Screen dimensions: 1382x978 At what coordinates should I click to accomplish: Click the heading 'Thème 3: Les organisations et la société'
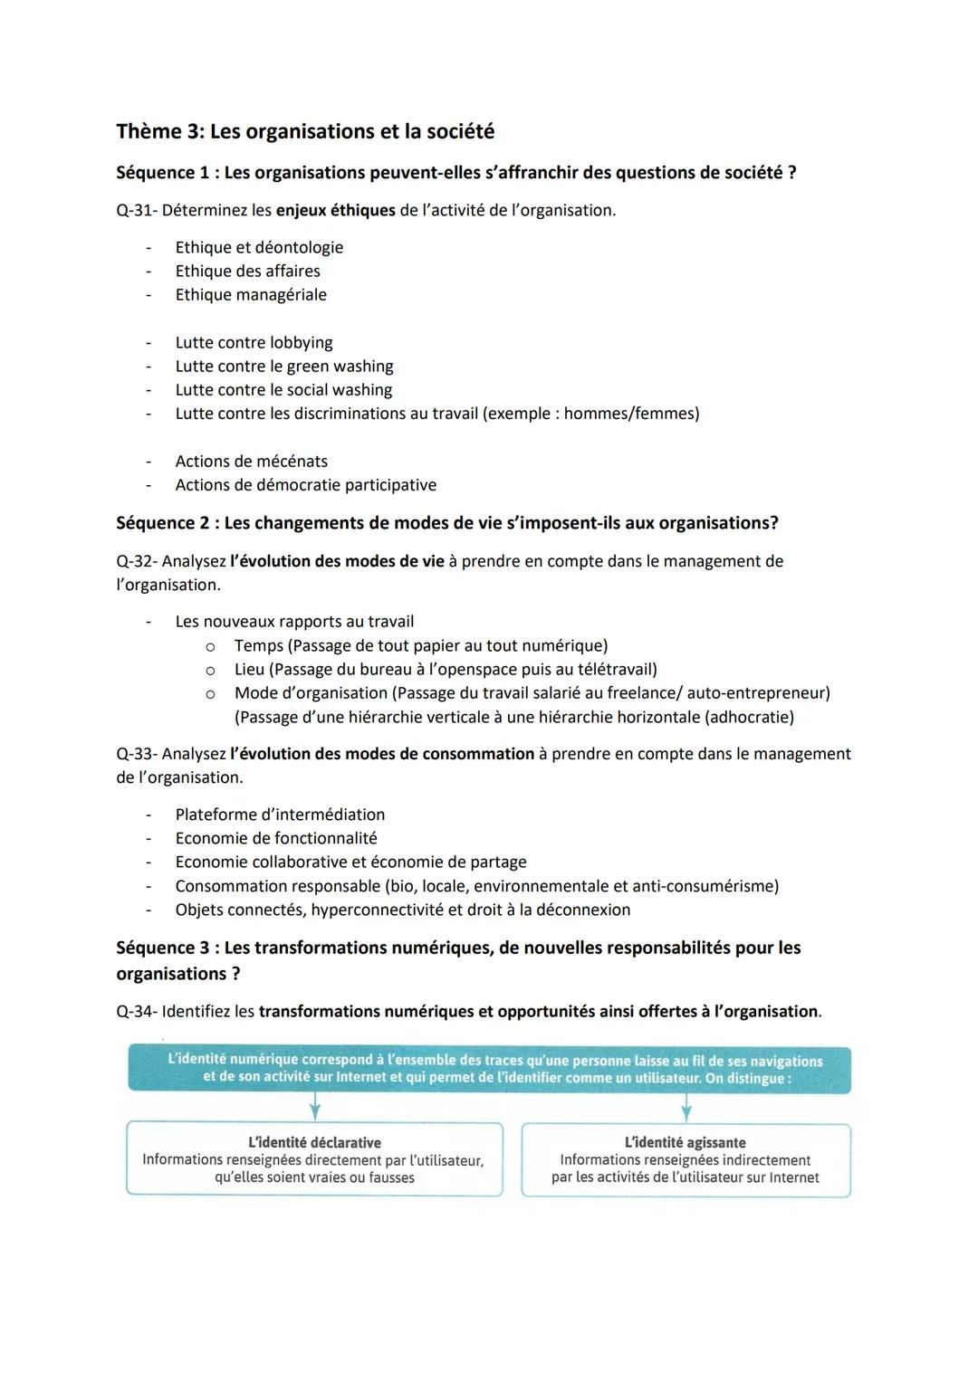point(305,132)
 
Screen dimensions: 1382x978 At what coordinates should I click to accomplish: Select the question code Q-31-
point(137,211)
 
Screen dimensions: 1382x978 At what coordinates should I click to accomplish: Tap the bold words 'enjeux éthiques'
point(335,211)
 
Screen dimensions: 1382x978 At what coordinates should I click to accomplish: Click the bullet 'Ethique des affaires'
point(247,272)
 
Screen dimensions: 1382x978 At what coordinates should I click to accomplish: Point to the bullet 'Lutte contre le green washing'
point(284,367)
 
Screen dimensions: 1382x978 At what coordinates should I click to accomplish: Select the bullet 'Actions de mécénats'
point(252,462)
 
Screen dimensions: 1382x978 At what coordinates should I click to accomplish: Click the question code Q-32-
point(137,561)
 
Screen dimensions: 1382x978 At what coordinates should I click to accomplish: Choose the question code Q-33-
point(137,754)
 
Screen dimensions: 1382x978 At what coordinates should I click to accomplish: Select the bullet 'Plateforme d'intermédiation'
point(280,815)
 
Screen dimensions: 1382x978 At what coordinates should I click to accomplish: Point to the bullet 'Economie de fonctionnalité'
point(276,839)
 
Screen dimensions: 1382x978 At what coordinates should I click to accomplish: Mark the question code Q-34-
point(137,1012)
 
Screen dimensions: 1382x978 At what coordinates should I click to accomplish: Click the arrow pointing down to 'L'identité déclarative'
point(314,1107)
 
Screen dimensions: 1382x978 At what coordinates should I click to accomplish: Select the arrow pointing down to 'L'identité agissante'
point(686,1107)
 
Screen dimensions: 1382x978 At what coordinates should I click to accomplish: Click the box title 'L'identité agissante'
point(686,1143)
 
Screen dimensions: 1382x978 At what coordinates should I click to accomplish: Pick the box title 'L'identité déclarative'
point(314,1143)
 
